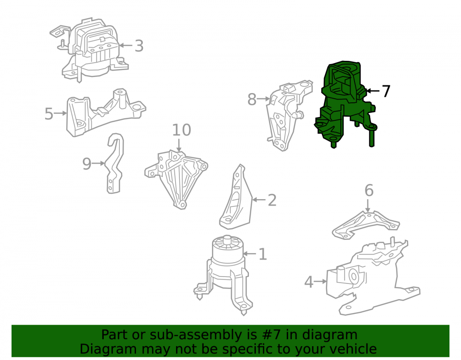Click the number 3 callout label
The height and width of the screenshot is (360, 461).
pyautogui.click(x=139, y=46)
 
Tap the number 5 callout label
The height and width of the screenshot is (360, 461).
pyautogui.click(x=49, y=113)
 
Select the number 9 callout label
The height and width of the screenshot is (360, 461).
pyautogui.click(x=87, y=164)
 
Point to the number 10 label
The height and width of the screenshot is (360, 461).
pyautogui.click(x=181, y=130)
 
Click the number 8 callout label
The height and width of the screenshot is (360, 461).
pyautogui.click(x=252, y=99)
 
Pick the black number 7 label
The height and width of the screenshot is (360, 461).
pyautogui.click(x=386, y=91)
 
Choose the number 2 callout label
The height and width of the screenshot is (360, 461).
pyautogui.click(x=272, y=200)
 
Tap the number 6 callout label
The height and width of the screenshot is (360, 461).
pyautogui.click(x=369, y=190)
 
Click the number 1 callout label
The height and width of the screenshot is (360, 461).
pyautogui.click(x=263, y=254)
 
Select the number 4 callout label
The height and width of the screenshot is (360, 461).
pyautogui.click(x=309, y=282)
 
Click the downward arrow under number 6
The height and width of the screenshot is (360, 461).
pyautogui.click(x=367, y=206)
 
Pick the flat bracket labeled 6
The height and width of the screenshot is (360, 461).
pyautogui.click(x=366, y=225)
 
